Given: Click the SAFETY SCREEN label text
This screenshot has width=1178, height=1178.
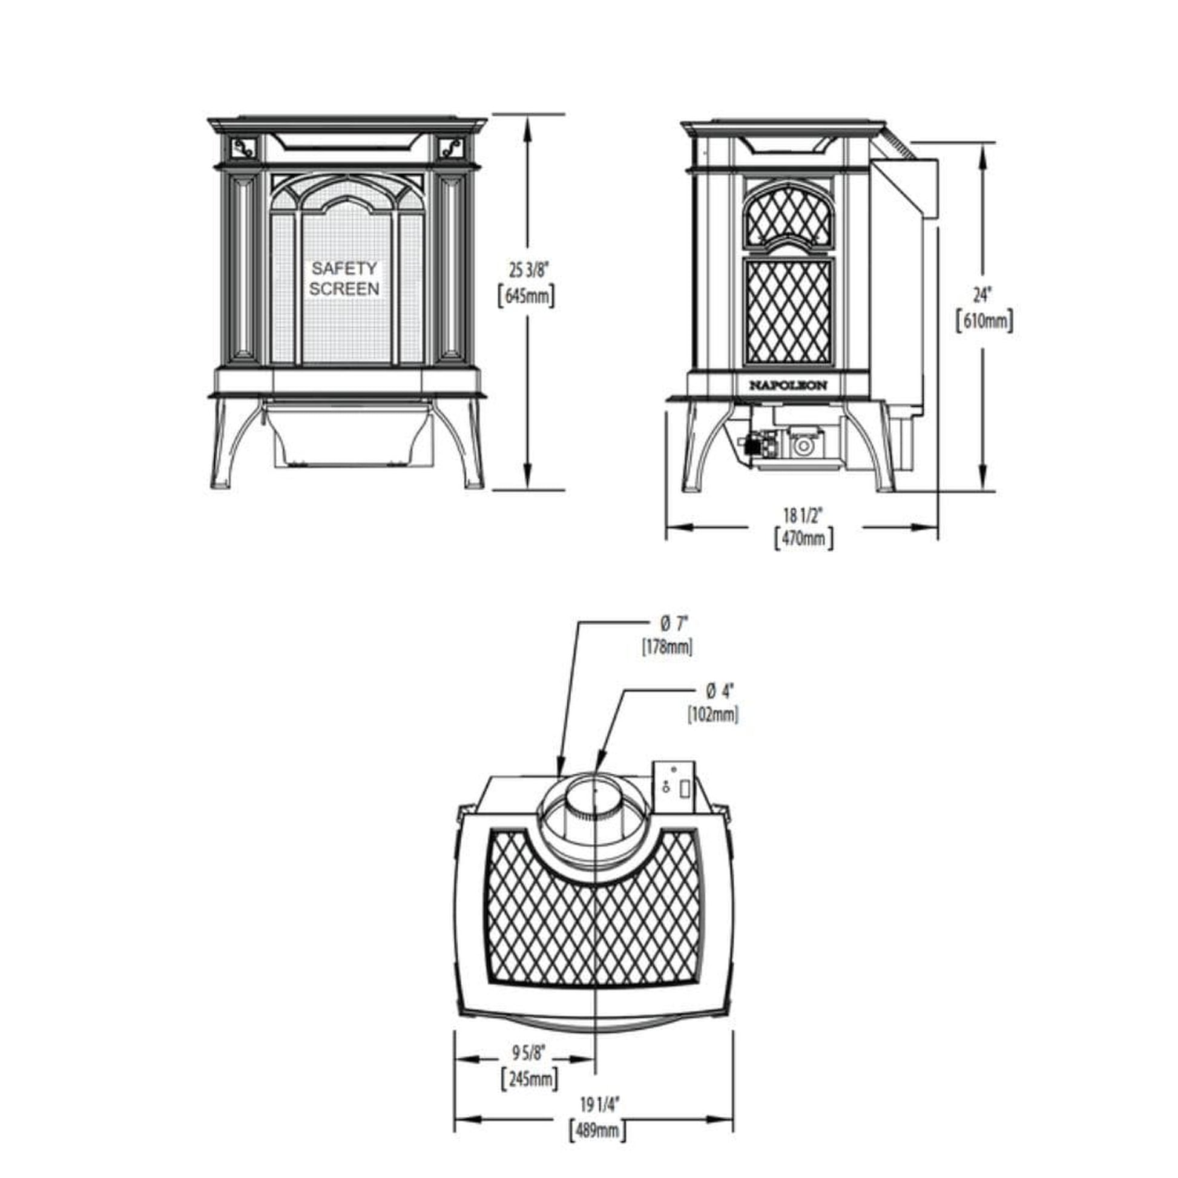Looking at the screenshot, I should pyautogui.click(x=344, y=278).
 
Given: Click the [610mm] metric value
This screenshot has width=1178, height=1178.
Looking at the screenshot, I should pyautogui.click(x=984, y=321).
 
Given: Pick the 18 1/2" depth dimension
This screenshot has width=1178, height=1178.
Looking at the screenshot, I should pyautogui.click(x=803, y=515).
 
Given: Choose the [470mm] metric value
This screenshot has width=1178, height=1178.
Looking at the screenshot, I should pyautogui.click(x=803, y=539).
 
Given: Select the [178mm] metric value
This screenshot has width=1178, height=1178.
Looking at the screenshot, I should pyautogui.click(x=667, y=647).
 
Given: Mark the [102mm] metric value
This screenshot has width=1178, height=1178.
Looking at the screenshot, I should pyautogui.click(x=712, y=714).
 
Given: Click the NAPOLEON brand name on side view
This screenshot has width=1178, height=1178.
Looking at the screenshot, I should pyautogui.click(x=788, y=386).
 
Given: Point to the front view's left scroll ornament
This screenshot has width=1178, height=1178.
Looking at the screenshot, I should pyautogui.click(x=245, y=147).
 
